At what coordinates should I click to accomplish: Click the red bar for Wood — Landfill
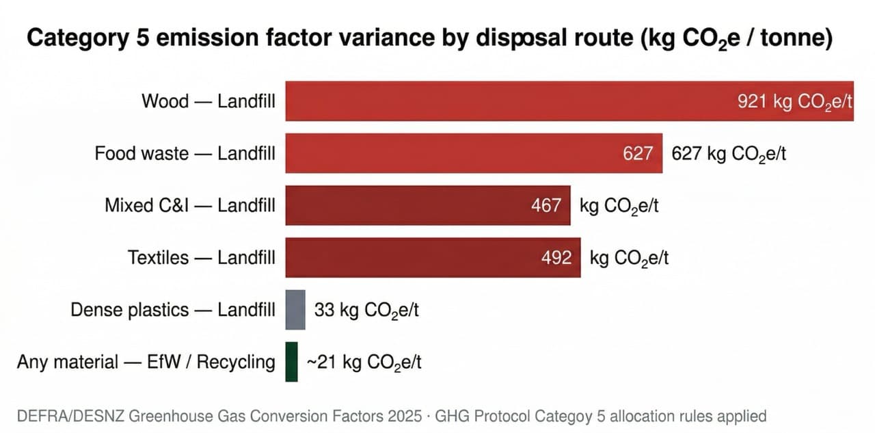pos(506,101)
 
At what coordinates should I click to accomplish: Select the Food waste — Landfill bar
pos(451,153)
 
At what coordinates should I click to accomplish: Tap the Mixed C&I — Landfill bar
pos(410,205)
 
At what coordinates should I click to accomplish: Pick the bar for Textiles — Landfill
pos(417,258)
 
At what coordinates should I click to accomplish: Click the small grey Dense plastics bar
pos(295,310)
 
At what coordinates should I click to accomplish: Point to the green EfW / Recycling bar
pos(291,362)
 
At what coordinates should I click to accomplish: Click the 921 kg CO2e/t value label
pos(794,102)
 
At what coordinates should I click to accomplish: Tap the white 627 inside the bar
pos(637,154)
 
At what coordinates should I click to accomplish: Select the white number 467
pos(546,206)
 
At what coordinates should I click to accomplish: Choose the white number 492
pos(556,258)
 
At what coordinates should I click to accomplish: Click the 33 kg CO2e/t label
pos(366,311)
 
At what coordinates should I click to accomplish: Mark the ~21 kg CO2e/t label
pos(364,363)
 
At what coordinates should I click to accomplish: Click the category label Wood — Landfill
pos(208,101)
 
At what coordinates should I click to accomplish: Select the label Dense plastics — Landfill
pos(173,310)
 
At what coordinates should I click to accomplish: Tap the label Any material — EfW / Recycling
pos(146,362)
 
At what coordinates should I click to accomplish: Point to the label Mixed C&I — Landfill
pos(190,205)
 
